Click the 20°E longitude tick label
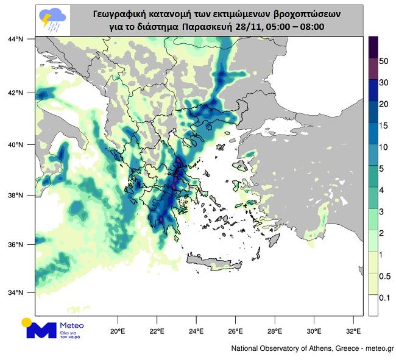click(118, 332)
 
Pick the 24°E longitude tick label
click(197, 332)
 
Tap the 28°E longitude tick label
click(275, 332)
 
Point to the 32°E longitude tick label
click(353, 332)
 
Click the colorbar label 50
click(384, 62)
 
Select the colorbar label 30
click(384, 83)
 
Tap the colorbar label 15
click(384, 126)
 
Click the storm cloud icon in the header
click(52, 19)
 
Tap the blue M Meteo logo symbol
click(40, 329)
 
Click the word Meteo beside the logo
click(72, 325)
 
